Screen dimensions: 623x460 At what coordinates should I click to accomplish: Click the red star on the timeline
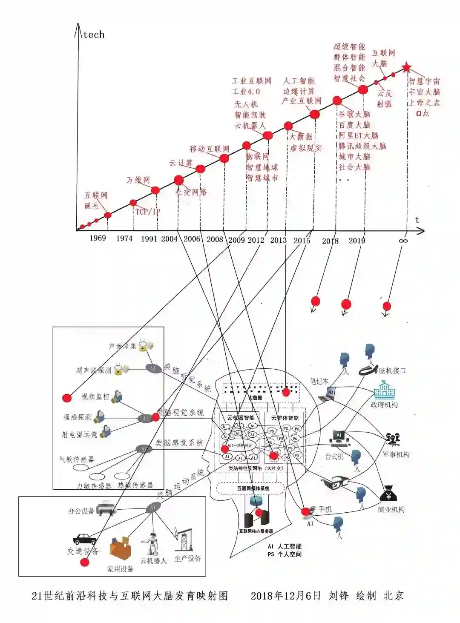point(406,67)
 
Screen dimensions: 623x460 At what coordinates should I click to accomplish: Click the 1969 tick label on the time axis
point(98,238)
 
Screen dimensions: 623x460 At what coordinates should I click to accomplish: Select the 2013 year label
point(278,240)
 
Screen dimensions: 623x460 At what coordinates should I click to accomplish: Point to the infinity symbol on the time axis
point(403,241)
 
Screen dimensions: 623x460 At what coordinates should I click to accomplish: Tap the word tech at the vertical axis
point(94,34)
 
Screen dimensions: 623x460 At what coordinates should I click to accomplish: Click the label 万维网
point(138,180)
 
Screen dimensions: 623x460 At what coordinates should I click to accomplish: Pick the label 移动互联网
point(209,149)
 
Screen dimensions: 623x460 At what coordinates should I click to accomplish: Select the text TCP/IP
point(147,212)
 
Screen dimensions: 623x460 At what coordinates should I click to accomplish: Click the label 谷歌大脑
point(354,114)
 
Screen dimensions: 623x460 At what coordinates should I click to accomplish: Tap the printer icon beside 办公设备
point(105,509)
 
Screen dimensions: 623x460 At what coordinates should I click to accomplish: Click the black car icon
point(84,539)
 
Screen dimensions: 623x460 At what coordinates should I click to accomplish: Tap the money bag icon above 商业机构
point(388,494)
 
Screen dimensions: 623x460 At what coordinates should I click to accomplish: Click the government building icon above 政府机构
point(384,390)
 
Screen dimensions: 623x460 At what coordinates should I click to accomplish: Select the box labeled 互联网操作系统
point(253,488)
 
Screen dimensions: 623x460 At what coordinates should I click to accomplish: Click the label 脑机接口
point(392,370)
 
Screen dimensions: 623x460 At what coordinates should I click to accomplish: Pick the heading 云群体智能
point(285,418)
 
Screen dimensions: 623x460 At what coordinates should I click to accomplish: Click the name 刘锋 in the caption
point(339,595)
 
